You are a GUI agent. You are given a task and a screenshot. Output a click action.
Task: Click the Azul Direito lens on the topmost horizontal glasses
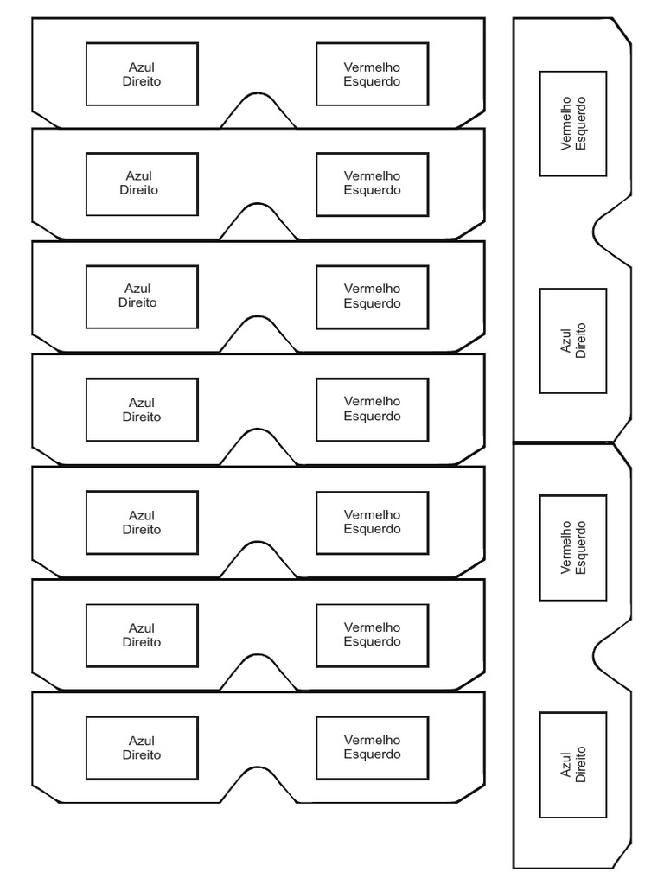(x=142, y=74)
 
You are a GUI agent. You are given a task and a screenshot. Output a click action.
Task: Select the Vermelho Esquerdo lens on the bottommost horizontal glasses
(x=372, y=748)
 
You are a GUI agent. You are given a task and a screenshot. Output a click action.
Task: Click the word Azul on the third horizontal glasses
(x=137, y=289)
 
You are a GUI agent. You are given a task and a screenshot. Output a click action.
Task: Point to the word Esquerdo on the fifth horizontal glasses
(x=372, y=529)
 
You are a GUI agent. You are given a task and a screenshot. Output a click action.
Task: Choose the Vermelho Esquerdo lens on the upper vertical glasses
(x=572, y=124)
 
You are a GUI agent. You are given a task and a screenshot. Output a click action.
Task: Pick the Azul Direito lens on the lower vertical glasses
(x=572, y=765)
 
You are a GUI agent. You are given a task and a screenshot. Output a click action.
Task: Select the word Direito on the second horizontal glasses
(x=139, y=190)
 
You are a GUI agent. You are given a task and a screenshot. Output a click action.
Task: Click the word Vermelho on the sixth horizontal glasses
(x=372, y=627)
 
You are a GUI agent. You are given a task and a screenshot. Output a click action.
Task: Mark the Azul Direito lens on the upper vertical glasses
(x=572, y=341)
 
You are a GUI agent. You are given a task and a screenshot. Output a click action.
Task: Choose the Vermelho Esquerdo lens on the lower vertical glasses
(x=572, y=548)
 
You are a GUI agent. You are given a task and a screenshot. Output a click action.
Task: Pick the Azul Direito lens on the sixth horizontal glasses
(x=142, y=635)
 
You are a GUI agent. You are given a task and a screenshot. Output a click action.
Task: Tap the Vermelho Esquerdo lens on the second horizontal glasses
(x=372, y=183)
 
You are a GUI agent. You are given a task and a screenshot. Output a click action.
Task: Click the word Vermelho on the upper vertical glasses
(x=566, y=124)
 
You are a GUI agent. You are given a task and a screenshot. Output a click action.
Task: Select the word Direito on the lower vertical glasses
(x=580, y=765)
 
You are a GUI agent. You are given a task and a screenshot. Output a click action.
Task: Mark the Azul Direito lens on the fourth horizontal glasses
(x=142, y=410)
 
